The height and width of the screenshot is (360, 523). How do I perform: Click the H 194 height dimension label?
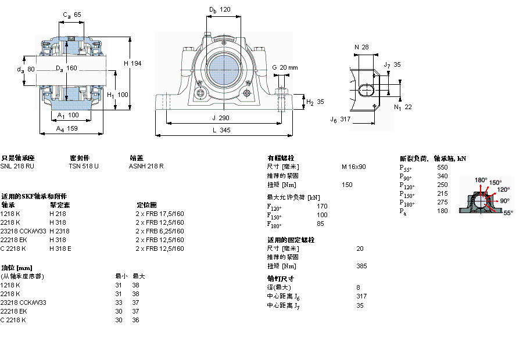133,63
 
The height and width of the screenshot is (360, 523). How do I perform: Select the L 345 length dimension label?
221,131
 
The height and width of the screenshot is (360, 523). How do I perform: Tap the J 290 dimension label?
221,118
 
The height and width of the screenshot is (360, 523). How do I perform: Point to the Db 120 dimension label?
220,10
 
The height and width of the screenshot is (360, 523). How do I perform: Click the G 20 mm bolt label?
284,68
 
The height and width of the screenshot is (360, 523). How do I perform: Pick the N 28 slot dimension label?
361,47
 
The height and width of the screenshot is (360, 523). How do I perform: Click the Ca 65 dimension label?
72,15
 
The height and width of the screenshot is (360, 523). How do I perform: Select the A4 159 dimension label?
67,129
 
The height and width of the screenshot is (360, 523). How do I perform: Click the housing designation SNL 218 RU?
17,166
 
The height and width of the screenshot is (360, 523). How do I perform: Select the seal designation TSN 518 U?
84,166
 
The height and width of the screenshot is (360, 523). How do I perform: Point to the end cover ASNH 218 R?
146,166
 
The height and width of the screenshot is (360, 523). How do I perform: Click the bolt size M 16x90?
353,167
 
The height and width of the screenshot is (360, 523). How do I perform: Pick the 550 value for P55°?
442,167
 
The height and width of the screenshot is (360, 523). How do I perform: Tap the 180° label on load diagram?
481,180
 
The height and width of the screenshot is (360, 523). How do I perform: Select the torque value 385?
361,267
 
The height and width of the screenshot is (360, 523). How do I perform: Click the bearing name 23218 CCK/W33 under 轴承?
23,231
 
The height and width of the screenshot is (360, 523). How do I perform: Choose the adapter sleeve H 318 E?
60,249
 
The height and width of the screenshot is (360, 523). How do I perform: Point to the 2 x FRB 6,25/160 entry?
160,231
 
